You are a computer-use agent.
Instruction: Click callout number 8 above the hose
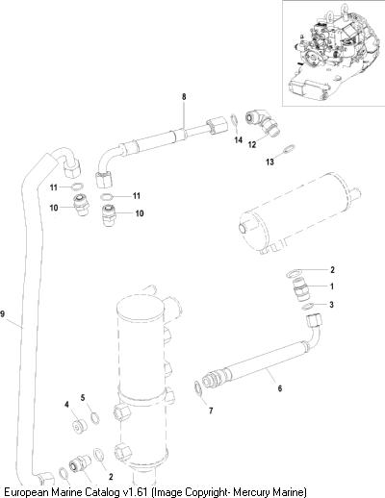[x=184, y=96]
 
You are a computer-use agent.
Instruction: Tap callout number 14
[x=238, y=140]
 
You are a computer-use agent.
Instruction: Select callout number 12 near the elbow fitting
[x=252, y=145]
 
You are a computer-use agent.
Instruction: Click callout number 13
[x=270, y=162]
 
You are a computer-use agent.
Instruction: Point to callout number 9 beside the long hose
[x=3, y=313]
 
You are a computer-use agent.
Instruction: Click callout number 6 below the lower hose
[x=280, y=388]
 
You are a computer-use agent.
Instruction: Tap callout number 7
[x=211, y=411]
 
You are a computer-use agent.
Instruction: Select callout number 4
[x=66, y=405]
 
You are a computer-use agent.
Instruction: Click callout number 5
[x=83, y=398]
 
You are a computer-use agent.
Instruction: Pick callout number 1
[x=332, y=286]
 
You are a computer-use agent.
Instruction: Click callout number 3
[x=332, y=305]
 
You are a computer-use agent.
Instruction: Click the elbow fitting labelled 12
[x=263, y=124]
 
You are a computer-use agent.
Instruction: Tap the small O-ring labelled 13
[x=290, y=149]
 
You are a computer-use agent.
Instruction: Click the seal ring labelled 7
[x=198, y=387]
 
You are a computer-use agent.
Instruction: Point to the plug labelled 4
[x=79, y=426]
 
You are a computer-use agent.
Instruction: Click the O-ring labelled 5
[x=95, y=418]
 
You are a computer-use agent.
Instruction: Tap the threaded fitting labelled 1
[x=302, y=289]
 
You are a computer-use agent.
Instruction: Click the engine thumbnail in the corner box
[x=333, y=52]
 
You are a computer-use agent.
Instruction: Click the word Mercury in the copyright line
[x=253, y=491]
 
